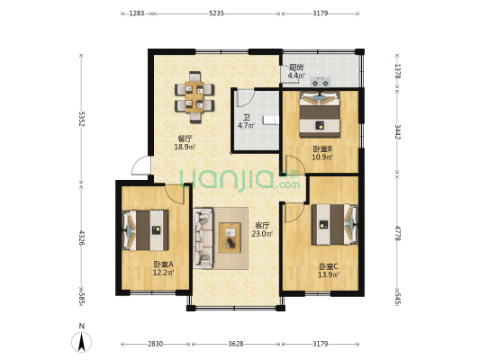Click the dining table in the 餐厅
coord(195,97)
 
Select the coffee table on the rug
coord(230,238)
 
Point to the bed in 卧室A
coord(146,230)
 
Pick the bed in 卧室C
coord(335,224)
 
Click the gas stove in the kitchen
coord(321,82)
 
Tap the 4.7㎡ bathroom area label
coord(247,125)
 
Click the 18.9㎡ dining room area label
coord(185,147)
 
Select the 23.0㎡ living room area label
coord(262,234)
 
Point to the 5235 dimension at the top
coord(217,13)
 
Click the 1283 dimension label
coord(137,13)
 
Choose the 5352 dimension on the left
coord(81,119)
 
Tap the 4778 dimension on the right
coord(398,233)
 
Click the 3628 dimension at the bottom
coord(236,344)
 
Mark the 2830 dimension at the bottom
coord(155,344)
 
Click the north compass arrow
coord(81,342)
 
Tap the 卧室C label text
coord(329,266)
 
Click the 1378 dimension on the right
coord(398,71)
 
